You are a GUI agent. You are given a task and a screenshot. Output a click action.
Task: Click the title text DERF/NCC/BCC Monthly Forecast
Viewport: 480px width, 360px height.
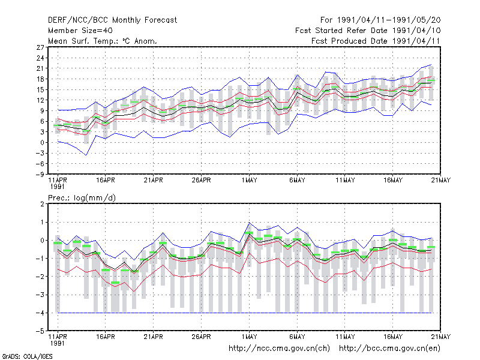[x=112, y=20]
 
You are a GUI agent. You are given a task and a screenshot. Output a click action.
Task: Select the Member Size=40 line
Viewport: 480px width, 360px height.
[x=80, y=31]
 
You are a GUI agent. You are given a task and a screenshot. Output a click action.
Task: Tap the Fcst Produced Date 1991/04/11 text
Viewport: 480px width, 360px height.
[x=376, y=41]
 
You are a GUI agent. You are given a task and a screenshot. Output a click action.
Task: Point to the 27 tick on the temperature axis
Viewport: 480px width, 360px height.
[x=40, y=47]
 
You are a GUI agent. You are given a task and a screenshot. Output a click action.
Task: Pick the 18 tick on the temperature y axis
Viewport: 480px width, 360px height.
[x=40, y=79]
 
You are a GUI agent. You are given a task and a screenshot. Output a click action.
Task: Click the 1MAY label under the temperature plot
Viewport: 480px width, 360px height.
[x=249, y=180]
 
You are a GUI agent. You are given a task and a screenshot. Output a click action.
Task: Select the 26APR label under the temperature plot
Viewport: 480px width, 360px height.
[x=201, y=180]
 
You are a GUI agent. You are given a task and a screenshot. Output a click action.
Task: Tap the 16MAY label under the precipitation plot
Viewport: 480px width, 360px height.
[x=393, y=337]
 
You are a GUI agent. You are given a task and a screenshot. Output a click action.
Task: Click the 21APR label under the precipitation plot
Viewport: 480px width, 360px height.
[x=154, y=337]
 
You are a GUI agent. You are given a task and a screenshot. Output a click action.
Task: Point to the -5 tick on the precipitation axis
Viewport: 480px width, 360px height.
[x=40, y=331]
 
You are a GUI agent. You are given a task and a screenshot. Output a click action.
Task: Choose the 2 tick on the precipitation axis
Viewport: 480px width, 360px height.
[x=42, y=204]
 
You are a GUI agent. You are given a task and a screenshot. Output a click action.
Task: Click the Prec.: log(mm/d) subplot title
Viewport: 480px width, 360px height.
[x=82, y=198]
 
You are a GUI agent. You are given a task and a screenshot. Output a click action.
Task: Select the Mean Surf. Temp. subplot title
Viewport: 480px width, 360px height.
[x=102, y=41]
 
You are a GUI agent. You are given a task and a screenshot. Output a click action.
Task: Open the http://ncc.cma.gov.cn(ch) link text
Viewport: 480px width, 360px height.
[x=279, y=349]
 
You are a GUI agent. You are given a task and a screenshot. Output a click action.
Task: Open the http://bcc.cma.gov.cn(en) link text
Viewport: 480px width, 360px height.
[x=389, y=349]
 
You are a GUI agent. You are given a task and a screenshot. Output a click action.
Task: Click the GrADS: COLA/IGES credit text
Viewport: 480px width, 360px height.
[x=27, y=356]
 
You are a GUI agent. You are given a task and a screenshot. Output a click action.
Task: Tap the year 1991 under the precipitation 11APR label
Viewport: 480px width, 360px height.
[x=57, y=343]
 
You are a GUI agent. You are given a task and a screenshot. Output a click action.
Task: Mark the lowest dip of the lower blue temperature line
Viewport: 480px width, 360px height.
[x=86, y=155]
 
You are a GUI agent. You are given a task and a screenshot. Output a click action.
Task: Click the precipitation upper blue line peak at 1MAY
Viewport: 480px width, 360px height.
[x=249, y=223]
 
